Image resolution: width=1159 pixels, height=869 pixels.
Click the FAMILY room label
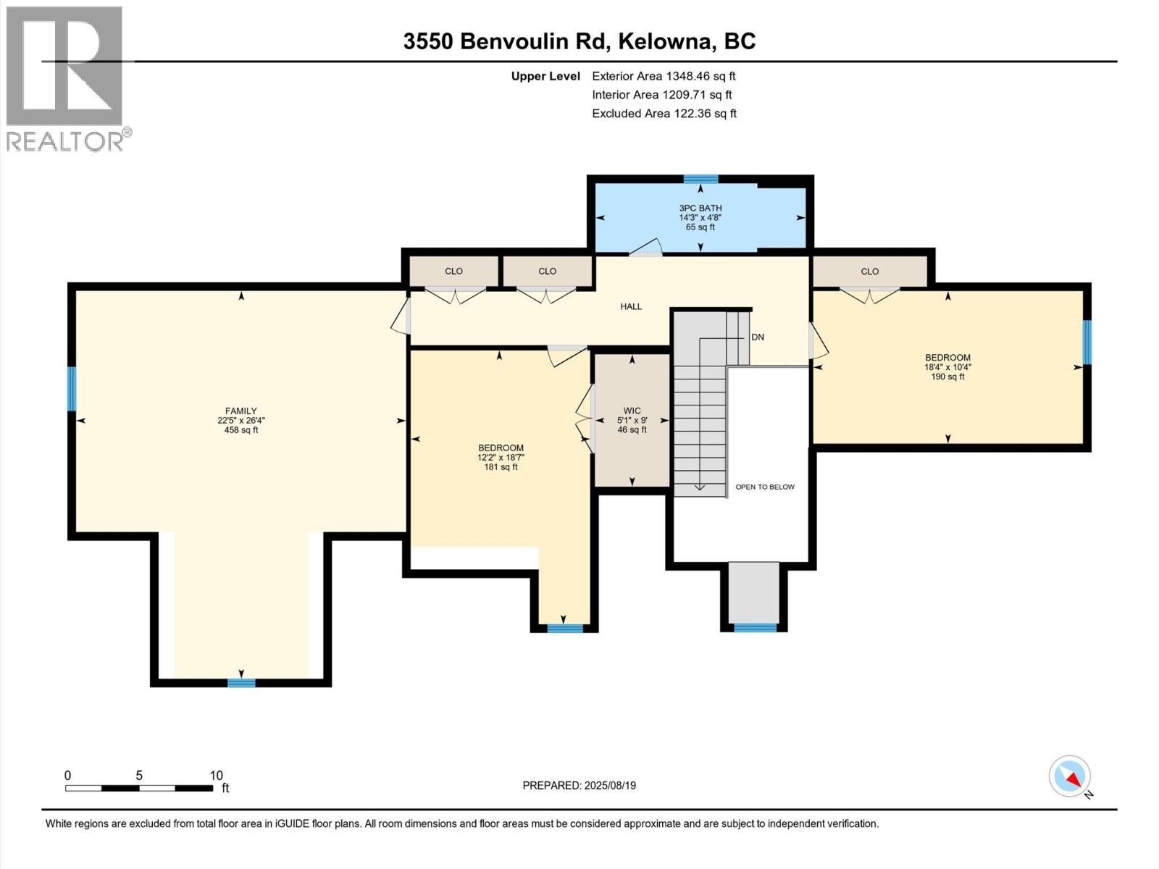point(240,411)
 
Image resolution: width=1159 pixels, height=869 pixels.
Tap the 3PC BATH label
point(700,208)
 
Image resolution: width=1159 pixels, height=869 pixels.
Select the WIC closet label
point(632,411)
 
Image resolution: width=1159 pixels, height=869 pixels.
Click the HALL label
point(630,306)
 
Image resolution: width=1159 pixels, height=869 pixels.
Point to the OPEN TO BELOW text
point(765,487)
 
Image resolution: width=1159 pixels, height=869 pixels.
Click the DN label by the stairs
point(758,337)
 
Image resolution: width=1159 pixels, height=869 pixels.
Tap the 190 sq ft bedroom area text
point(947,377)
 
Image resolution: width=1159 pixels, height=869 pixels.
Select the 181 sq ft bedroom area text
point(501,467)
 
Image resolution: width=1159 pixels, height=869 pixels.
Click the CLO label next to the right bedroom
point(869,272)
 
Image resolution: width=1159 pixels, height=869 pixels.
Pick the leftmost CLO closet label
point(453,272)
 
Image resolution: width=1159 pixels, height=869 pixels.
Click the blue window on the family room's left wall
point(72,389)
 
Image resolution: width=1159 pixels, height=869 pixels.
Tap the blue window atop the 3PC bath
point(700,179)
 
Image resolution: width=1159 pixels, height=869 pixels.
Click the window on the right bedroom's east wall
point(1087,342)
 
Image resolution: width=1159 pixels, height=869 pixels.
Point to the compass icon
point(1070,777)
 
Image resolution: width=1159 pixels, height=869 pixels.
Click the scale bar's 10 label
point(216,775)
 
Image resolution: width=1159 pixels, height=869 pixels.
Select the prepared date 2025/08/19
point(610,786)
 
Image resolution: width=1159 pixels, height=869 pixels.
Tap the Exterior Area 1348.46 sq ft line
point(664,76)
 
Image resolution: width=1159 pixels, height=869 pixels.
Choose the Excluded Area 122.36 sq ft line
point(664,114)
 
